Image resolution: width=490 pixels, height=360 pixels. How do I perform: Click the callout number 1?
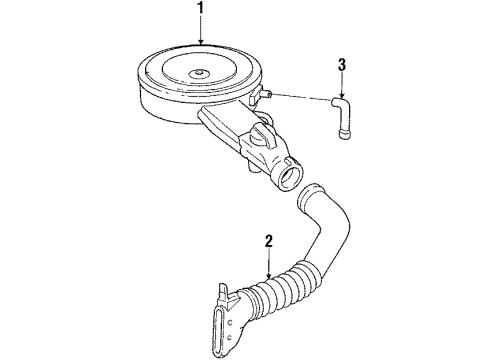(x=200, y=8)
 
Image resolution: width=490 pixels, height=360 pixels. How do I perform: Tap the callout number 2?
(x=269, y=241)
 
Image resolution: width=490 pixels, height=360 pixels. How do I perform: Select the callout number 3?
(x=342, y=65)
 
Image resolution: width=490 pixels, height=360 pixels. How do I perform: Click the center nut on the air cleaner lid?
(x=199, y=72)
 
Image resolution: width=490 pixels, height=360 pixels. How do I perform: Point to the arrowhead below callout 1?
(x=200, y=41)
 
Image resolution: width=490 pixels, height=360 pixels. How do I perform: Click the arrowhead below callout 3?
(x=342, y=94)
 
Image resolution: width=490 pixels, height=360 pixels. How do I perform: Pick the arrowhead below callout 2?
(x=269, y=275)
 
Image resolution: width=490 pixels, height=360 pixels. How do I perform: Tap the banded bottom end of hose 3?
(x=345, y=134)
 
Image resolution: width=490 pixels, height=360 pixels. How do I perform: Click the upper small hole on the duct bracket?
(x=230, y=322)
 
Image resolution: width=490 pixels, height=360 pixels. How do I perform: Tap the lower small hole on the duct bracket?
(x=228, y=338)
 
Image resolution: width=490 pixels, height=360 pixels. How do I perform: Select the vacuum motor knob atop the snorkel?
(x=264, y=134)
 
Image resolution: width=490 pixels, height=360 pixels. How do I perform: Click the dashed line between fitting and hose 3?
(x=302, y=97)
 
